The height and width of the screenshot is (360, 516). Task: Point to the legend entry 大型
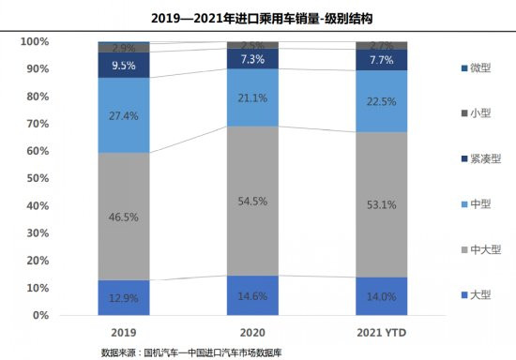coord(475,294)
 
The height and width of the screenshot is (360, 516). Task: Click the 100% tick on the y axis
coord(35,42)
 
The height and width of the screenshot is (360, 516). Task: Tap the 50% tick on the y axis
coord(38,179)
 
